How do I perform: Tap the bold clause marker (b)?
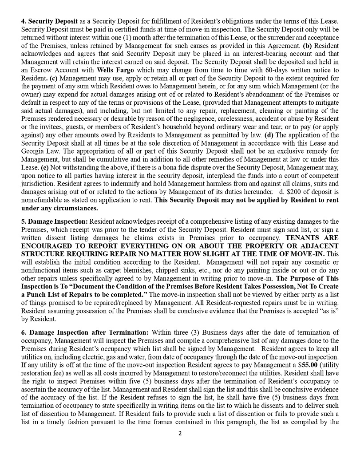pos(307,46)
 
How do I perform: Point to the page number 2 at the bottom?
pos(180,434)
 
